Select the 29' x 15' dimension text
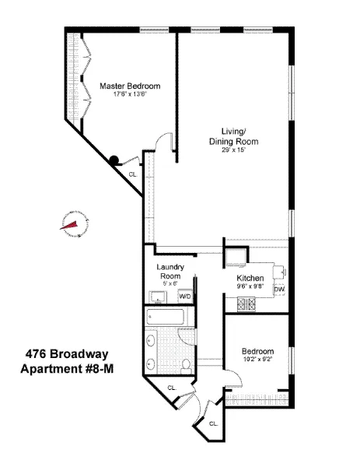click(x=232, y=150)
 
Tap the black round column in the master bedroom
click(x=114, y=160)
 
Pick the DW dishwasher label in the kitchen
click(x=278, y=290)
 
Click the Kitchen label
click(x=250, y=278)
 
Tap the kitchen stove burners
click(x=252, y=304)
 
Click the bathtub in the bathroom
click(x=165, y=318)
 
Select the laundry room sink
click(x=159, y=297)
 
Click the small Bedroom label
click(x=256, y=350)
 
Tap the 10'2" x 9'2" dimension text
click(x=256, y=359)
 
